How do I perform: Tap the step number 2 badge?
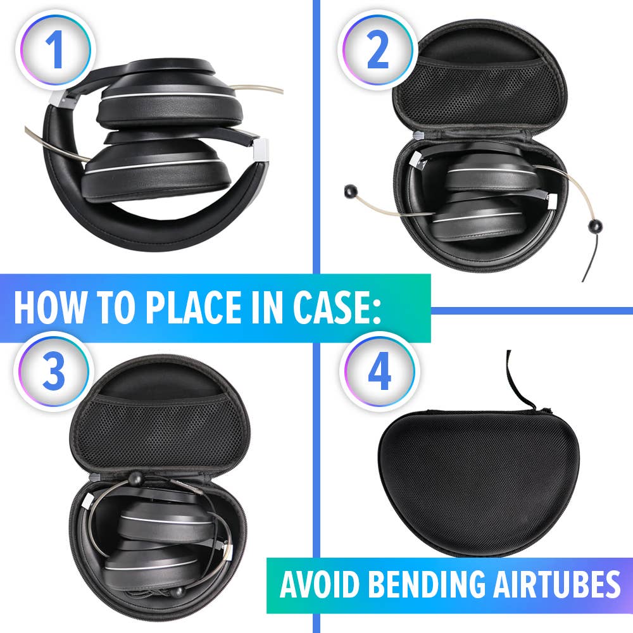coord(378,50)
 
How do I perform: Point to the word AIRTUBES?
coord(562,586)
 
